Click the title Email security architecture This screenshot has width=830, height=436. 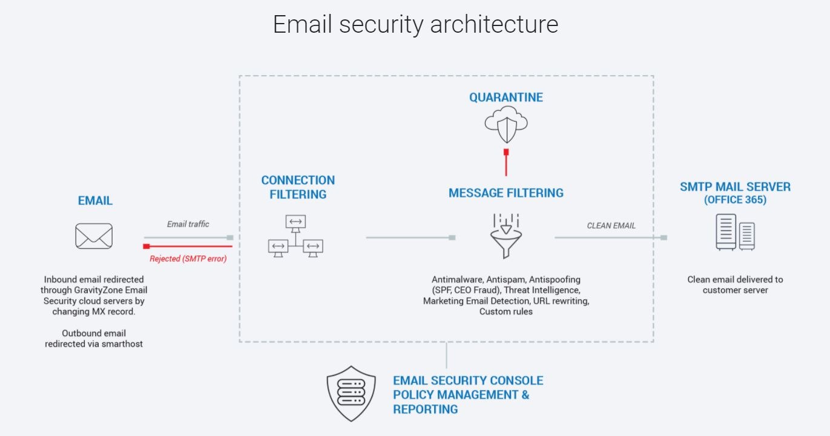pyautogui.click(x=415, y=24)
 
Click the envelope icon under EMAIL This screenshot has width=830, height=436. pyautogui.click(x=94, y=236)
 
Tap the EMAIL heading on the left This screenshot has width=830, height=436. pyautogui.click(x=95, y=201)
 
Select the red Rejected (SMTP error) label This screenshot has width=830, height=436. pyautogui.click(x=188, y=259)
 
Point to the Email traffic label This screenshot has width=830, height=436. pyautogui.click(x=188, y=224)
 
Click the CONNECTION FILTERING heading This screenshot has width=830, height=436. pyautogui.click(x=298, y=187)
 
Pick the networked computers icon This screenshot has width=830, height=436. pyautogui.click(x=295, y=236)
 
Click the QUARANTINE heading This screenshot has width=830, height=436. pyautogui.click(x=506, y=97)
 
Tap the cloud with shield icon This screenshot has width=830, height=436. pyautogui.click(x=506, y=123)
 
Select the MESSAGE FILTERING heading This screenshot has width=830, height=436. pyautogui.click(x=506, y=193)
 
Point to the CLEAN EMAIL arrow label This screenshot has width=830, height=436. pyautogui.click(x=611, y=226)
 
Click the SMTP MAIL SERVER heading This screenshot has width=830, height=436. pyautogui.click(x=735, y=187)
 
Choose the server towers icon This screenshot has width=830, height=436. pyautogui.click(x=735, y=233)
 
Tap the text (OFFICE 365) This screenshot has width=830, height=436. pyautogui.click(x=735, y=200)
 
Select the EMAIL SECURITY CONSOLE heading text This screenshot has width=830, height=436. pyautogui.click(x=468, y=381)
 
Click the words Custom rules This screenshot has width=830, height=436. pyautogui.click(x=506, y=311)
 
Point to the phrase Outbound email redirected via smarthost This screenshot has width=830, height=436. pyautogui.click(x=94, y=339)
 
